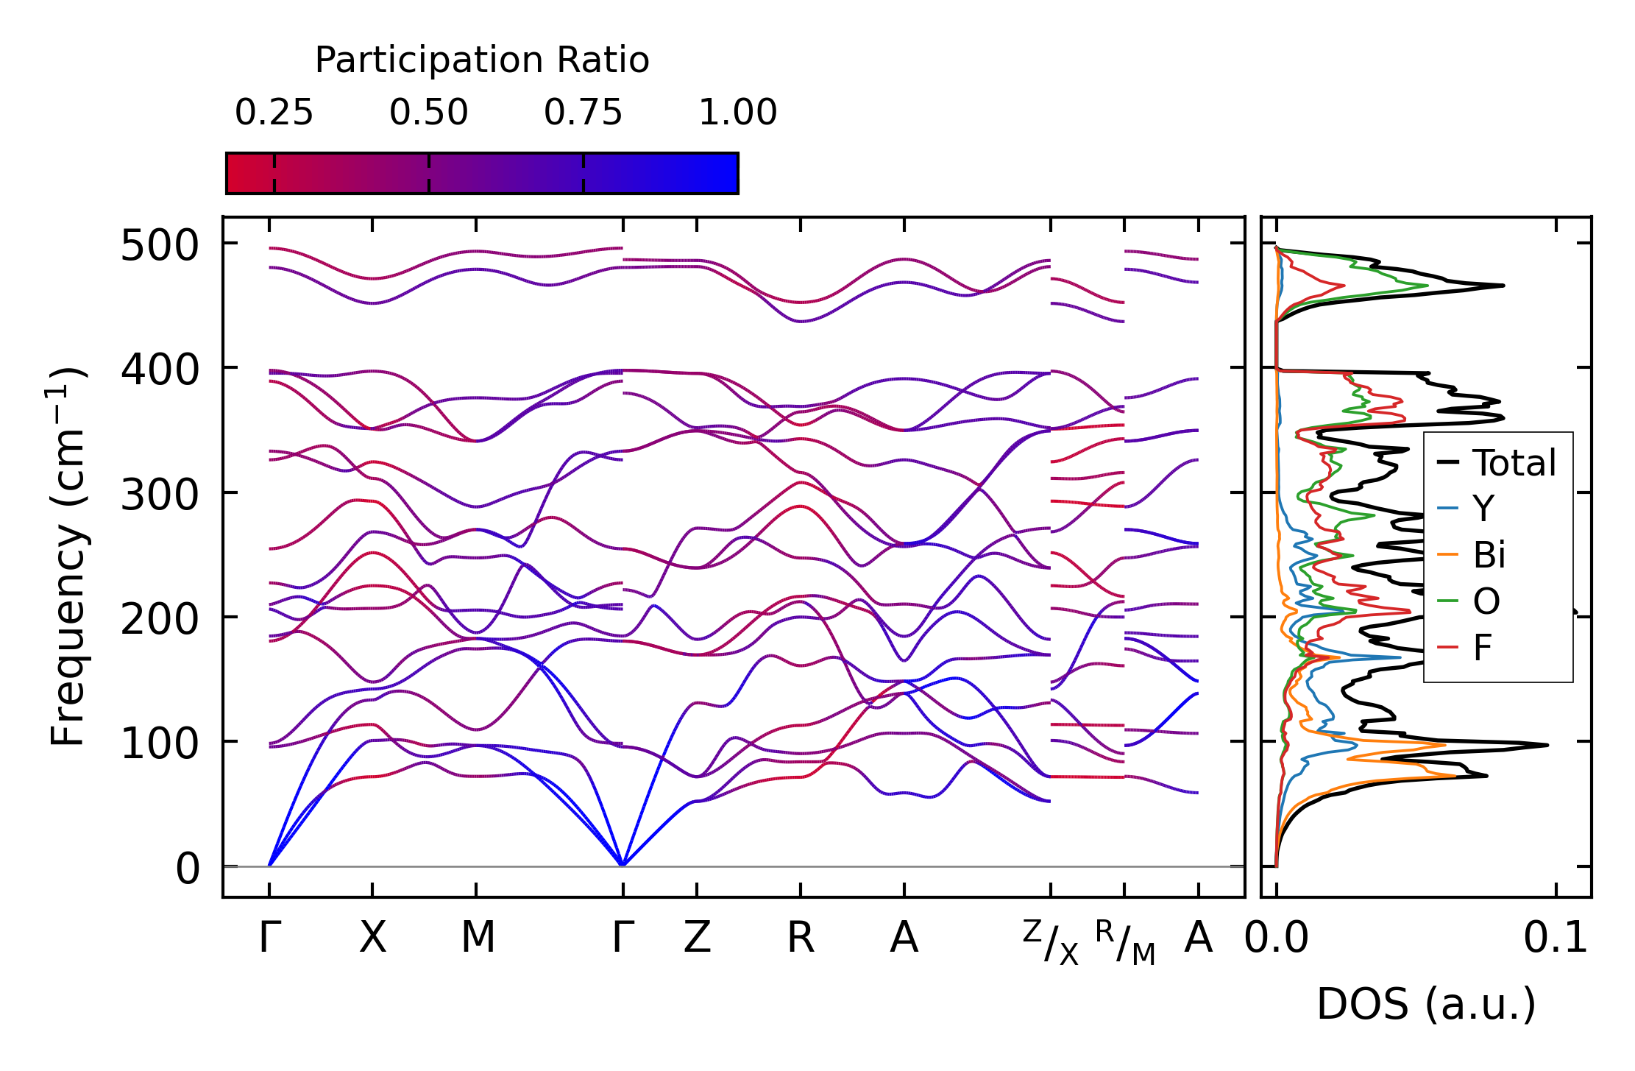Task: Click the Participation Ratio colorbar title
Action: click(482, 60)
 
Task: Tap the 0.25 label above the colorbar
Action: click(274, 113)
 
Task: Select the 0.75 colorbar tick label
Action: click(583, 113)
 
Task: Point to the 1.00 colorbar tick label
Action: click(737, 113)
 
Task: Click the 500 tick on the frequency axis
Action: click(160, 245)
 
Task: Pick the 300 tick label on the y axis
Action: click(160, 495)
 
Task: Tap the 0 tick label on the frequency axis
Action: click(188, 869)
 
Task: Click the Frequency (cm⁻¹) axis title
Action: click(68, 556)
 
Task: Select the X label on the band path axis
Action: click(372, 938)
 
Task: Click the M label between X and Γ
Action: click(478, 938)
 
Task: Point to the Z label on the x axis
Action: click(697, 938)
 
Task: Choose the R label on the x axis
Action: click(801, 938)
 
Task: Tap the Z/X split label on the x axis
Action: click(1051, 942)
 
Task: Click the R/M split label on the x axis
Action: click(1124, 942)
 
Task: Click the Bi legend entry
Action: click(1489, 554)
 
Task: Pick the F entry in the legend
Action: click(1482, 648)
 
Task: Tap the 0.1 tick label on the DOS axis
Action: click(1556, 938)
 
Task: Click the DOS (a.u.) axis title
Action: click(1426, 1004)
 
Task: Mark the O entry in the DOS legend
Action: click(1486, 601)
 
